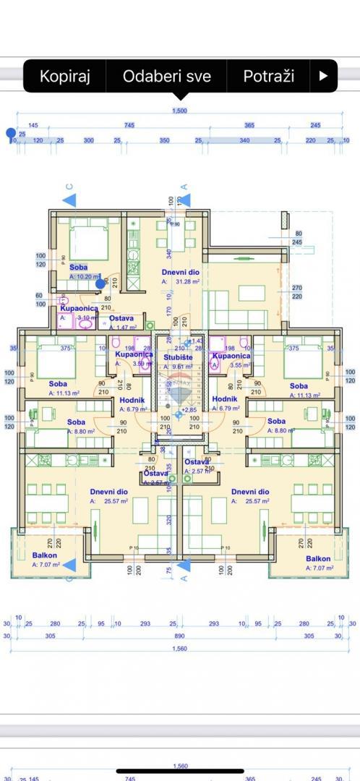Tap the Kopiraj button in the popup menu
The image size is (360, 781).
64,76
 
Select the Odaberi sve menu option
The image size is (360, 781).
166,76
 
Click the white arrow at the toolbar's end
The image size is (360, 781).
323,76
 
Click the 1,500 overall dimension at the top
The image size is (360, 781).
179,111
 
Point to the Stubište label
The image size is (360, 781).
178,357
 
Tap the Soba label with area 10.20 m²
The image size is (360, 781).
79,267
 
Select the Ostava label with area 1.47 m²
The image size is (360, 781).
121,318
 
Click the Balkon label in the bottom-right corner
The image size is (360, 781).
318,558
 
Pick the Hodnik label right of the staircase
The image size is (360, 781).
225,398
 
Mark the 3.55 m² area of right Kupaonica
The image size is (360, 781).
239,365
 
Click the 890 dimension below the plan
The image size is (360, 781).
179,636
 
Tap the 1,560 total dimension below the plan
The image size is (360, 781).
179,649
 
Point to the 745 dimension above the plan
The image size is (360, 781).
129,126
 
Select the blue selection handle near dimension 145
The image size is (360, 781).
10,133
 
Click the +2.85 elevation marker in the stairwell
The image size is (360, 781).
189,410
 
